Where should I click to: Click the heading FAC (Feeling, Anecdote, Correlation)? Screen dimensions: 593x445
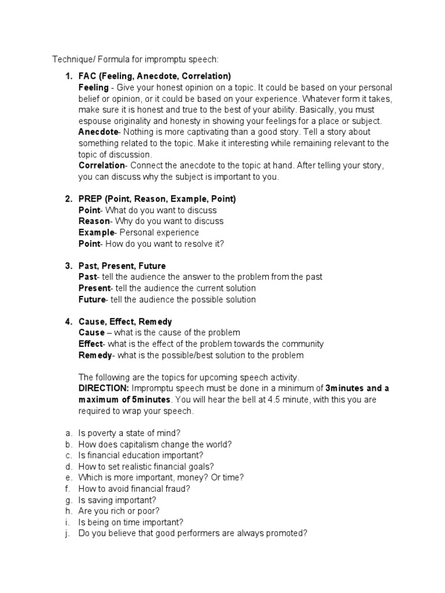click(155, 76)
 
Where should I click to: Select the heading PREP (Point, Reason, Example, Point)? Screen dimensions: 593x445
click(157, 199)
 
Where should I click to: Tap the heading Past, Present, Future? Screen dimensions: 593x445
click(122, 266)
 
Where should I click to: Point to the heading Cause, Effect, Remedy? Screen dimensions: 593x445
click(125, 321)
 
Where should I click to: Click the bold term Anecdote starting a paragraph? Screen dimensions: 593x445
click(98, 132)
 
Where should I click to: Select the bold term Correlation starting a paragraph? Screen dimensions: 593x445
click(101, 166)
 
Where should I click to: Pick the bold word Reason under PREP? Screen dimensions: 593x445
click(94, 221)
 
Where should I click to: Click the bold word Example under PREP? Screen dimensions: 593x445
click(97, 232)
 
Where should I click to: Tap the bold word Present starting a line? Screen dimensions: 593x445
click(94, 288)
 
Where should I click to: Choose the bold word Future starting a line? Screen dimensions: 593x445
click(92, 299)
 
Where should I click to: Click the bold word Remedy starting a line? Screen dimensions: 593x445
click(95, 355)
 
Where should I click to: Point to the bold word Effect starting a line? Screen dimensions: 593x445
click(90, 344)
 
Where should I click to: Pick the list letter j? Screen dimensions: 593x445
click(68, 533)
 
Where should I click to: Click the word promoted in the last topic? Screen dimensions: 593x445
click(282, 533)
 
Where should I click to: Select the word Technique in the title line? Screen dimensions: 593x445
click(71, 59)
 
